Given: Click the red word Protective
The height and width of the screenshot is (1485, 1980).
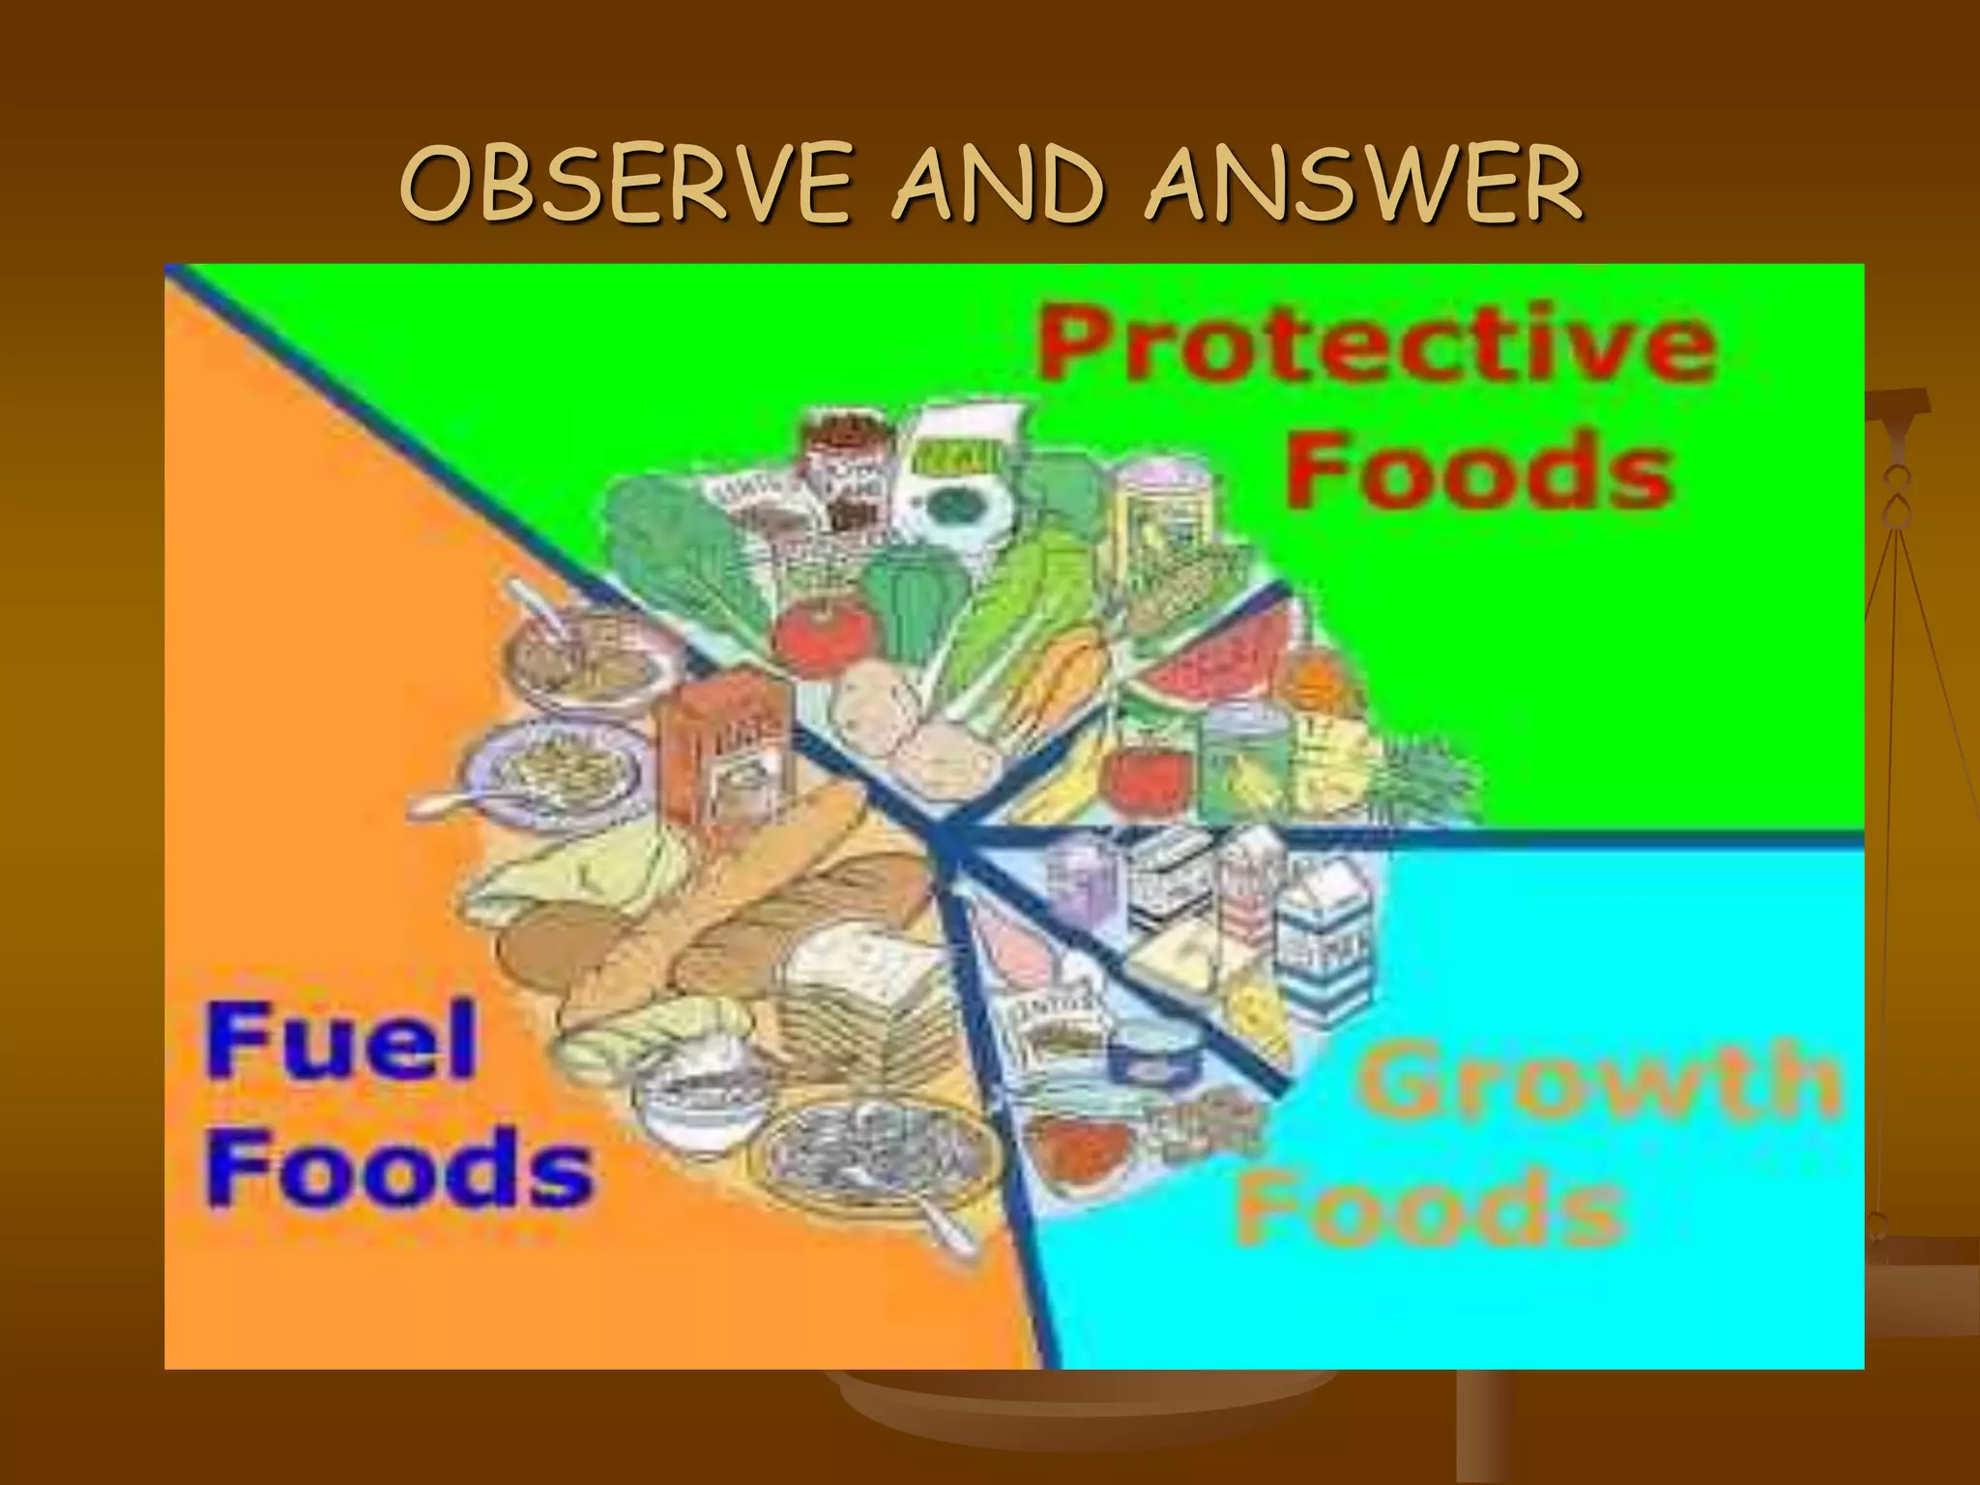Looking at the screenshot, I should [1377, 346].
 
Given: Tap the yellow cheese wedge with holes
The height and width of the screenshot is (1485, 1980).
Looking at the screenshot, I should [1257, 1005].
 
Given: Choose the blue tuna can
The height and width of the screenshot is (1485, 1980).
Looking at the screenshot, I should [1155, 1049].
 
